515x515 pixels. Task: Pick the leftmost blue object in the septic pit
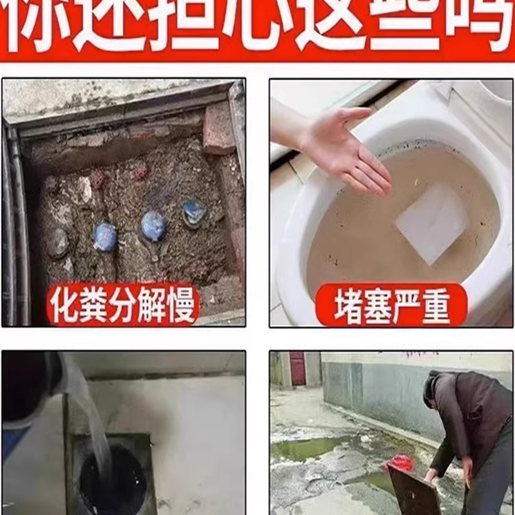105,237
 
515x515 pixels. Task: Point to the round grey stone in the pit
58,243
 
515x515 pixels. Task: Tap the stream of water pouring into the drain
90,418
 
